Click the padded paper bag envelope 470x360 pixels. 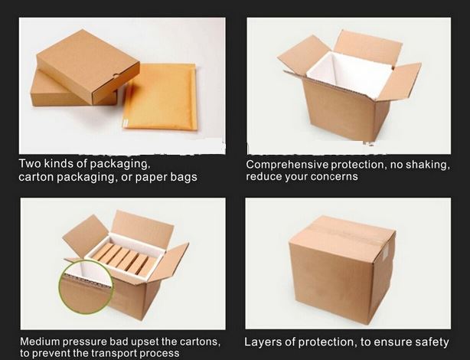pos(160,97)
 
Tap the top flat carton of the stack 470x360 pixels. pos(88,67)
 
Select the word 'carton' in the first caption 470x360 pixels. pos(36,177)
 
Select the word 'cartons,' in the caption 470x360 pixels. pos(200,342)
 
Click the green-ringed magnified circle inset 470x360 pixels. pos(86,287)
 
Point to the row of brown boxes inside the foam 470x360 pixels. pos(125,259)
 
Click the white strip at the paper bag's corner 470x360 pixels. pos(126,123)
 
